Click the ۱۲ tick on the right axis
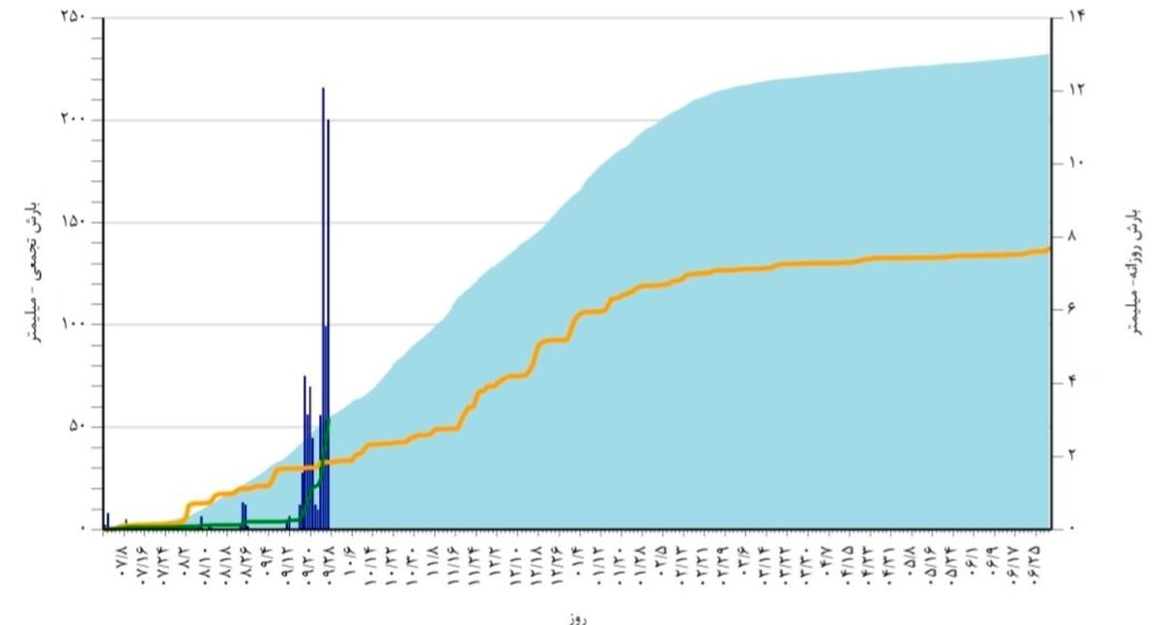(1077, 90)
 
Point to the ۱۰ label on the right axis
(1077, 162)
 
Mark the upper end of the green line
(330, 419)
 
